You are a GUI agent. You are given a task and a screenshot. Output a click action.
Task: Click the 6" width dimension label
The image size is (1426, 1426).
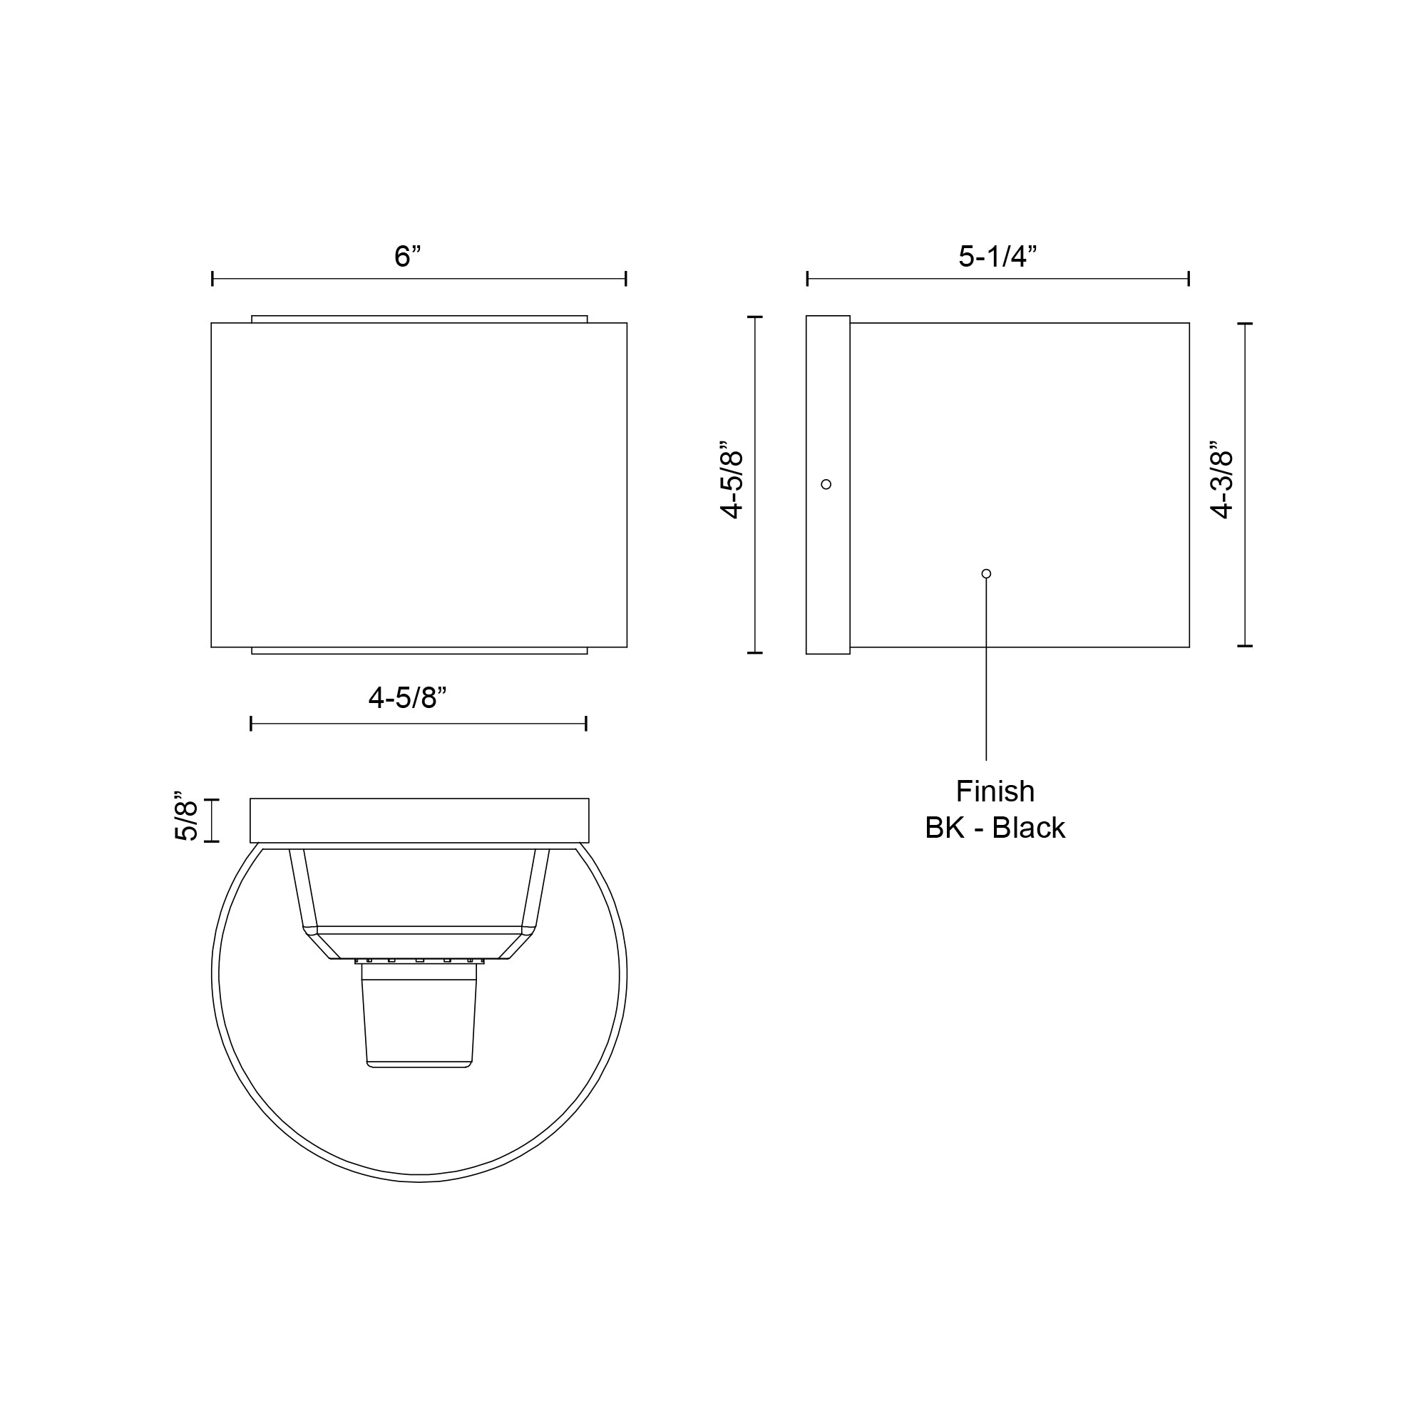tap(406, 256)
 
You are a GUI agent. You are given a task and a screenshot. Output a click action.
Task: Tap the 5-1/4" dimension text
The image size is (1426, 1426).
tap(997, 256)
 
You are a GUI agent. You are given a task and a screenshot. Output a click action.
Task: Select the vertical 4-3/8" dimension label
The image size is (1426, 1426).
tap(1222, 481)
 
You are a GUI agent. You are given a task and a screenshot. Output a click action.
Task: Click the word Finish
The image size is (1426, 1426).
tap(995, 791)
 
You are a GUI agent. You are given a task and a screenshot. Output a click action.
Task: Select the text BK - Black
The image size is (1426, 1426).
tap(995, 828)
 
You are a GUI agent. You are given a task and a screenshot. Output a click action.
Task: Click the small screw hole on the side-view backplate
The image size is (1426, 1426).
tap(826, 484)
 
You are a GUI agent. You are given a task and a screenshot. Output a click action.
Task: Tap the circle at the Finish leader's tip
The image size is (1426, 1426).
tap(986, 573)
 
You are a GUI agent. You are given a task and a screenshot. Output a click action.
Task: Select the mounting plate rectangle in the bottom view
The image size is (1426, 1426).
tap(419, 820)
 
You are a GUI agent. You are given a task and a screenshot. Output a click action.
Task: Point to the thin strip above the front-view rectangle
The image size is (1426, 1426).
tap(419, 319)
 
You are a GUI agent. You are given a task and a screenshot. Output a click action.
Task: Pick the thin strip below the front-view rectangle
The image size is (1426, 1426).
tap(419, 651)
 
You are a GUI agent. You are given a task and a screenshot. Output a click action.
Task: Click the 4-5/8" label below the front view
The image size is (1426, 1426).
tap(407, 697)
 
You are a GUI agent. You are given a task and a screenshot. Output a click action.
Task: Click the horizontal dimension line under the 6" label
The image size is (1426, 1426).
tap(419, 279)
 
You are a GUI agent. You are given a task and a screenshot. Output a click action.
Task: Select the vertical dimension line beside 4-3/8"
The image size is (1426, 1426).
tap(1245, 485)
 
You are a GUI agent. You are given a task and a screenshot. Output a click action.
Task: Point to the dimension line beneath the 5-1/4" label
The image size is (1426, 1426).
tap(998, 279)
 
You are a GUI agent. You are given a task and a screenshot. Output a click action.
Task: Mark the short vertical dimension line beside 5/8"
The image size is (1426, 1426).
tap(212, 820)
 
